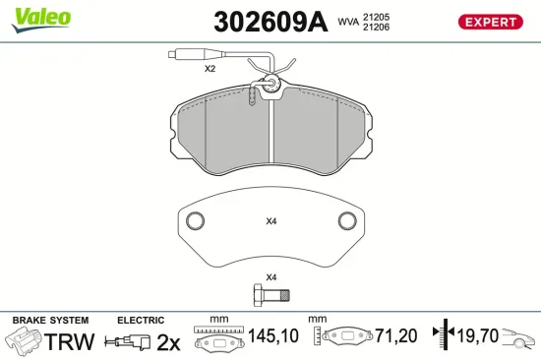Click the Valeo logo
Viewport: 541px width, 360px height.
click(40, 17)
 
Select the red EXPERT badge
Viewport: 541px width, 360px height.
click(489, 22)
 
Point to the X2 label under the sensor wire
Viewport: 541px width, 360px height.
click(210, 70)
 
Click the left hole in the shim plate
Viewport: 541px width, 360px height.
click(195, 219)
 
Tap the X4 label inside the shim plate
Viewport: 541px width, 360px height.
click(271, 221)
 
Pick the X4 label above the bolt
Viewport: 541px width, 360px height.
click(271, 277)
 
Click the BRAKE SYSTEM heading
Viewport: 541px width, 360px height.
click(49, 321)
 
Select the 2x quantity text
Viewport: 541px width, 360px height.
click(169, 341)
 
